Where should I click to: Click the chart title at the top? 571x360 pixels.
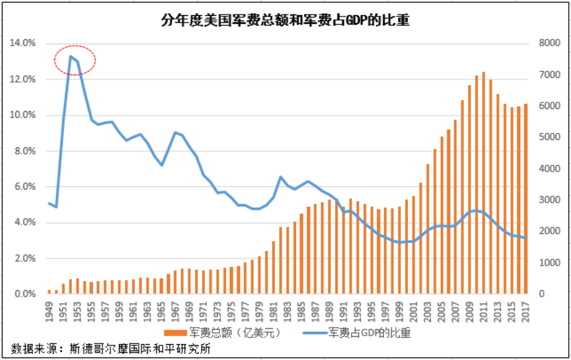[285, 20]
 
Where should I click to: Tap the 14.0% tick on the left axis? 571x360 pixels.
[22, 44]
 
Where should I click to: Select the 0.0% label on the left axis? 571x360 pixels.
[24, 294]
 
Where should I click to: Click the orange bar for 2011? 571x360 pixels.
[484, 182]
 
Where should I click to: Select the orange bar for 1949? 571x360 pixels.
[50, 291]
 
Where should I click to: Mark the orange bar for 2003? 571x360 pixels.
[428, 229]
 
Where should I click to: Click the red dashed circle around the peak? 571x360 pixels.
[75, 60]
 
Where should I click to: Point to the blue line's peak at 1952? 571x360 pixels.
[71, 56]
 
